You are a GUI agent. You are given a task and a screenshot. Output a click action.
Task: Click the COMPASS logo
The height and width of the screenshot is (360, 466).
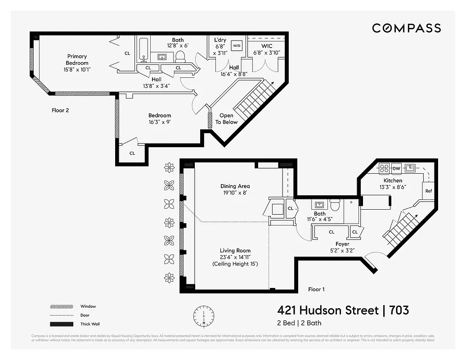[x=406, y=28]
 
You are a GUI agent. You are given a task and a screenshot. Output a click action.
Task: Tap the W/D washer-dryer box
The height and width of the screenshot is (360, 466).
[x=237, y=45]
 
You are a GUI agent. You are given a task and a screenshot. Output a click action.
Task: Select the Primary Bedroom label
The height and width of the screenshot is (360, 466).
[x=77, y=60]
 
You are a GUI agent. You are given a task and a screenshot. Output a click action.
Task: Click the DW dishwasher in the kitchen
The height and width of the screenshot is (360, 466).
[x=396, y=168]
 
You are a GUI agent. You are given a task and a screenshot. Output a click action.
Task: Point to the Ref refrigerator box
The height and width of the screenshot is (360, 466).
[x=428, y=191]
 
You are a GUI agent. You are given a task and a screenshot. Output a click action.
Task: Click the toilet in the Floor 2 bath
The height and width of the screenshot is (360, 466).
[x=180, y=56]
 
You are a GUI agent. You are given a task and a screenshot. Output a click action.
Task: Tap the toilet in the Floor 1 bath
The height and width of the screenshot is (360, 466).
[x=334, y=205]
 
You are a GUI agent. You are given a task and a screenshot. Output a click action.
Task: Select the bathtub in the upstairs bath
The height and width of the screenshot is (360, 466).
[x=143, y=49]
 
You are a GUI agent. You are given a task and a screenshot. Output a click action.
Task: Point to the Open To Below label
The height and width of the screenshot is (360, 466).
[x=226, y=119]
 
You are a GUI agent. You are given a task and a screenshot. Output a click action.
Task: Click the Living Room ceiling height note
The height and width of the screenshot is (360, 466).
[x=235, y=264]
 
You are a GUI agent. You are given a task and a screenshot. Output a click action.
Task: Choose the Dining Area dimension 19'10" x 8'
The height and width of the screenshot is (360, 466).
[x=235, y=193]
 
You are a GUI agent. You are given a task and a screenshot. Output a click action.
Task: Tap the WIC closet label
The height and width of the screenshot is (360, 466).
[x=267, y=46]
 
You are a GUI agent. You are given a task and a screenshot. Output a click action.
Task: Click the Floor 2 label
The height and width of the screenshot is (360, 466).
[x=60, y=110]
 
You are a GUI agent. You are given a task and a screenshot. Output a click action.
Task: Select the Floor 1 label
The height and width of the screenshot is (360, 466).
[x=317, y=289]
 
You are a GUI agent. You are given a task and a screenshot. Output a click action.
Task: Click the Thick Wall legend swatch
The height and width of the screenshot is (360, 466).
[x=61, y=324]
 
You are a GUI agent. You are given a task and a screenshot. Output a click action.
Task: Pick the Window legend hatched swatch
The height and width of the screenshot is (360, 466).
[x=61, y=306]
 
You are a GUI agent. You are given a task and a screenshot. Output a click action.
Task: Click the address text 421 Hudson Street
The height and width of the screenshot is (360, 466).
[x=327, y=310]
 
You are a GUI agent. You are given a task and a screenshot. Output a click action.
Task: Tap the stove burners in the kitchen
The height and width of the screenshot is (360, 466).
[x=384, y=168]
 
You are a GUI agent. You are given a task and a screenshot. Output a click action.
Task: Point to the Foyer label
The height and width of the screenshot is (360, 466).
[x=342, y=244]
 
